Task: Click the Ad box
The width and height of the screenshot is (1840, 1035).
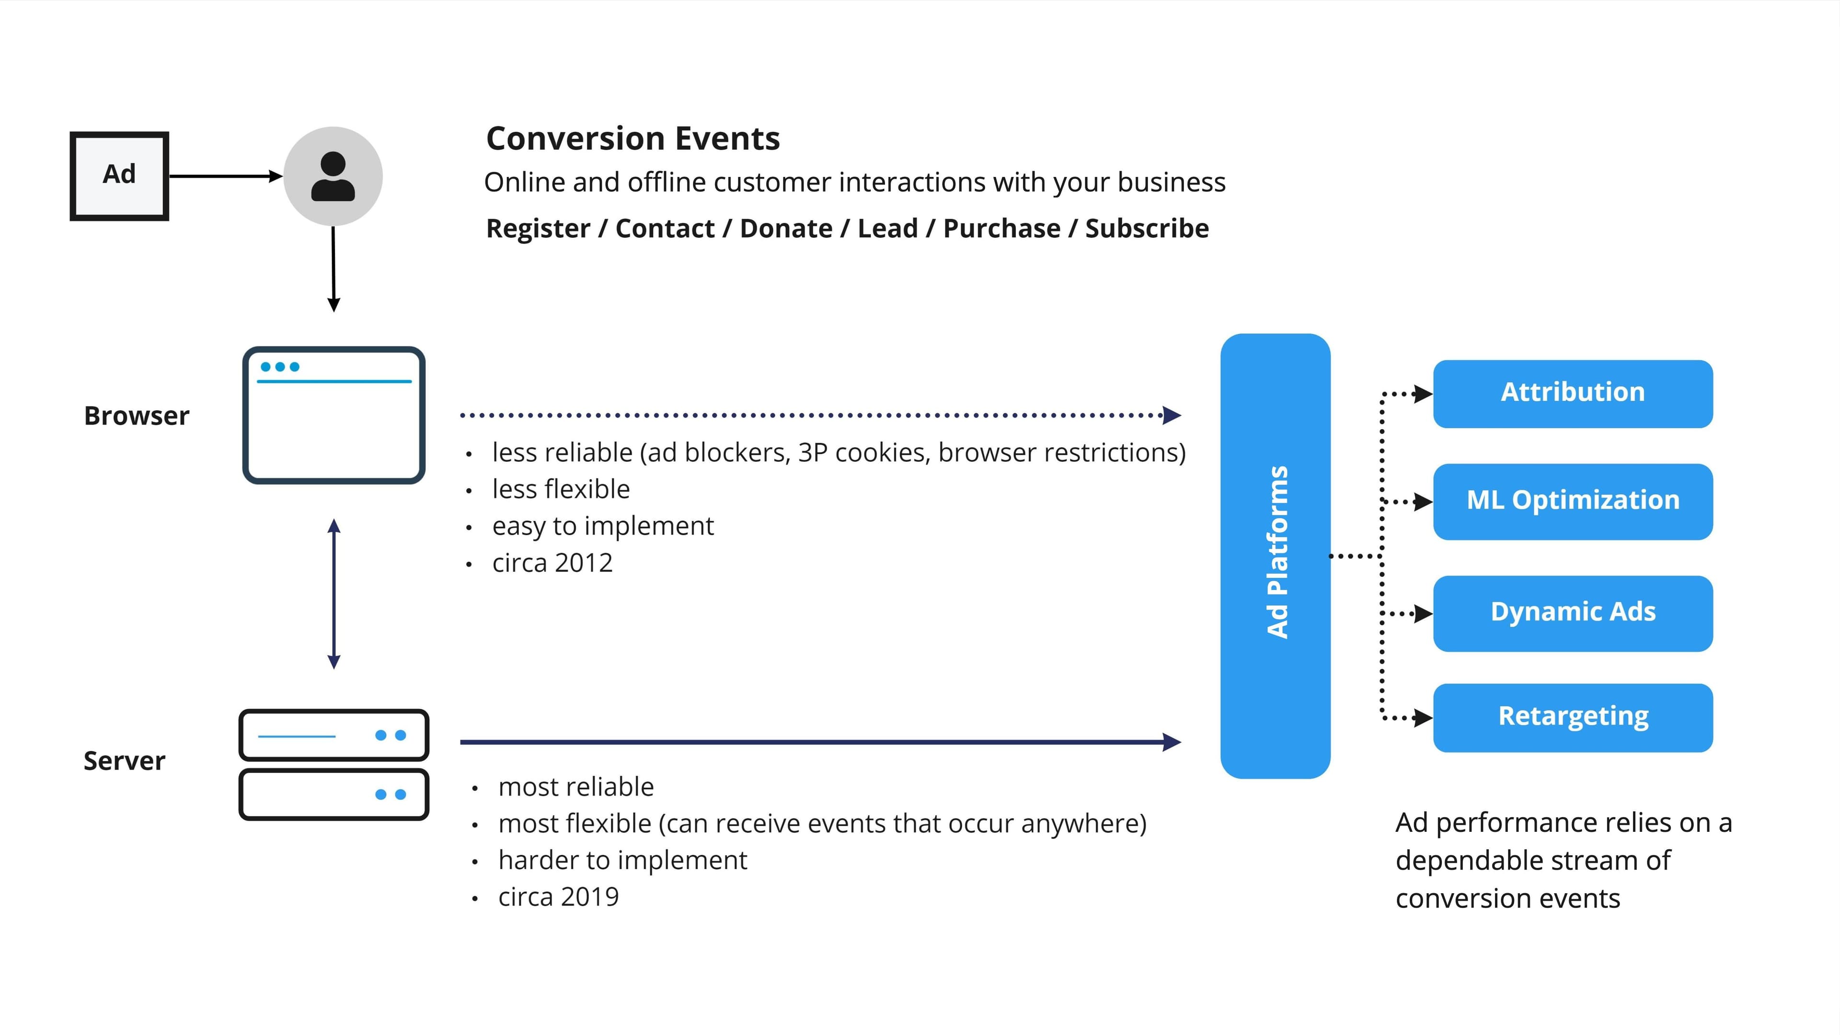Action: click(119, 176)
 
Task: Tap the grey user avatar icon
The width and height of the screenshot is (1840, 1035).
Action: click(333, 176)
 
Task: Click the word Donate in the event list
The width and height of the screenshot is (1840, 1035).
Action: click(786, 229)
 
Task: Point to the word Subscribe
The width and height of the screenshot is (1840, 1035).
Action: click(1147, 229)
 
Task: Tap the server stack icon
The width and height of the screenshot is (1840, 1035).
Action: click(333, 764)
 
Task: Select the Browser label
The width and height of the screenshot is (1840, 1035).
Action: click(137, 416)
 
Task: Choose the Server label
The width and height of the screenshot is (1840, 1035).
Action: click(124, 761)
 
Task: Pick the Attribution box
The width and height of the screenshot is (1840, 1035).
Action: click(1572, 393)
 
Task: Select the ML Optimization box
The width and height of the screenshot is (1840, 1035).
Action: click(1572, 501)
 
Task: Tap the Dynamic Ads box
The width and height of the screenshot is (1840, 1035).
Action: click(1572, 613)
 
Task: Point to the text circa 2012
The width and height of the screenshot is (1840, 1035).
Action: click(552, 563)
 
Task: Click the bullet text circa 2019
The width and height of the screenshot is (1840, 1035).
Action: click(559, 897)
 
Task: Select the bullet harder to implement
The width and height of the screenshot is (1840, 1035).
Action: click(622, 860)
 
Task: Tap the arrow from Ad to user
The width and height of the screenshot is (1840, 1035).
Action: click(225, 176)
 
